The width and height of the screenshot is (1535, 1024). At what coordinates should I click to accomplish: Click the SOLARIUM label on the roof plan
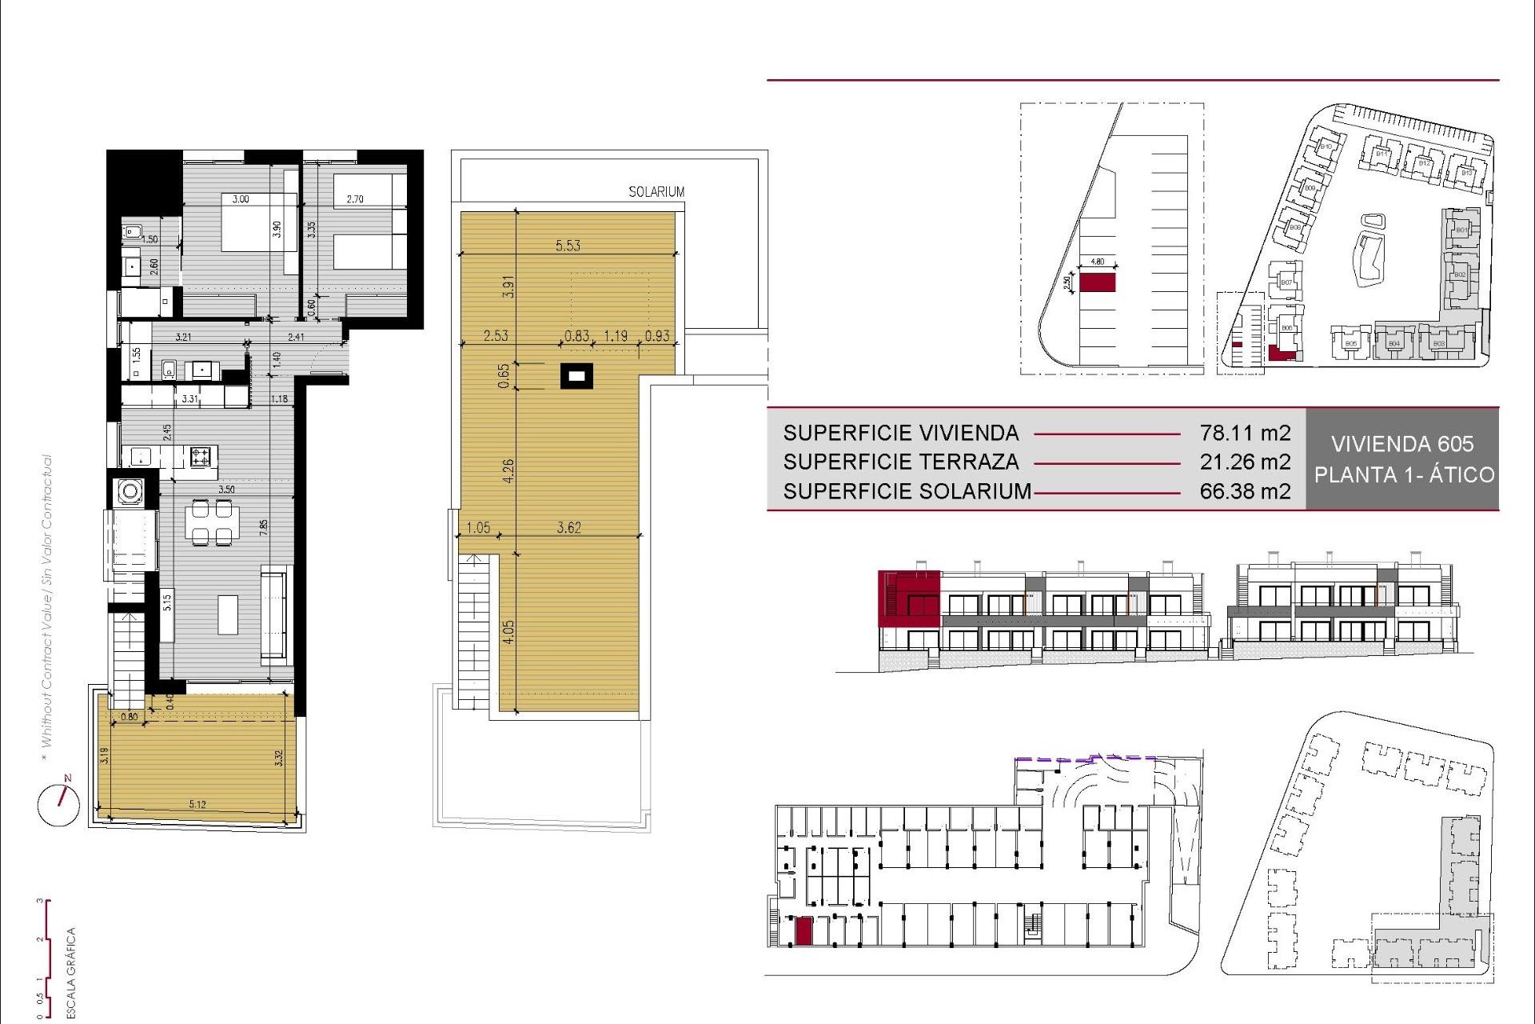coord(656,192)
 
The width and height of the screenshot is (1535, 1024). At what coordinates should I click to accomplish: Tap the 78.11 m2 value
coord(1245,433)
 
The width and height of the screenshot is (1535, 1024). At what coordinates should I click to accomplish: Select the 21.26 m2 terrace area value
coord(1245,462)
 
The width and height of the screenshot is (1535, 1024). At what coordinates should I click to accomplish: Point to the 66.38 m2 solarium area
coord(1245,490)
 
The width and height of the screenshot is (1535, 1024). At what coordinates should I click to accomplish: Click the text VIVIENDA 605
coord(1402,444)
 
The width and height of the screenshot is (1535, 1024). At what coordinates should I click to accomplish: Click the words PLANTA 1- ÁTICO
coord(1404,474)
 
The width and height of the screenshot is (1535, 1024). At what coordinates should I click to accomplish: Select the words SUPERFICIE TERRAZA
coord(901,462)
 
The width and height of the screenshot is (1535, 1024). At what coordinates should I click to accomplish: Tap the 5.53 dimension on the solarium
coord(568,246)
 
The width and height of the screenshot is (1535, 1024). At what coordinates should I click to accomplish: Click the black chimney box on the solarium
coord(576,375)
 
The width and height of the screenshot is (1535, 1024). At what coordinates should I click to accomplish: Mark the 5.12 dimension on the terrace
coord(197,804)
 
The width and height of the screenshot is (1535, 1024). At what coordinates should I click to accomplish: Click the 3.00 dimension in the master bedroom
coord(241,199)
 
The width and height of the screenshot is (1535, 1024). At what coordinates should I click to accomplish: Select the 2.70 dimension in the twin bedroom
coord(355,199)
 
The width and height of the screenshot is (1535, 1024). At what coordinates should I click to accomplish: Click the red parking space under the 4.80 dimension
coord(1097,282)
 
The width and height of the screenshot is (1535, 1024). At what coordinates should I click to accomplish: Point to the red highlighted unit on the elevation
coord(908,598)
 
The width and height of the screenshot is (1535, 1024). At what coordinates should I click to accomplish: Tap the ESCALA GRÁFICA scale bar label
coord(71,971)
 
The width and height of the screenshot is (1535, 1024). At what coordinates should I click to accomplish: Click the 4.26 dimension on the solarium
coord(508,470)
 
